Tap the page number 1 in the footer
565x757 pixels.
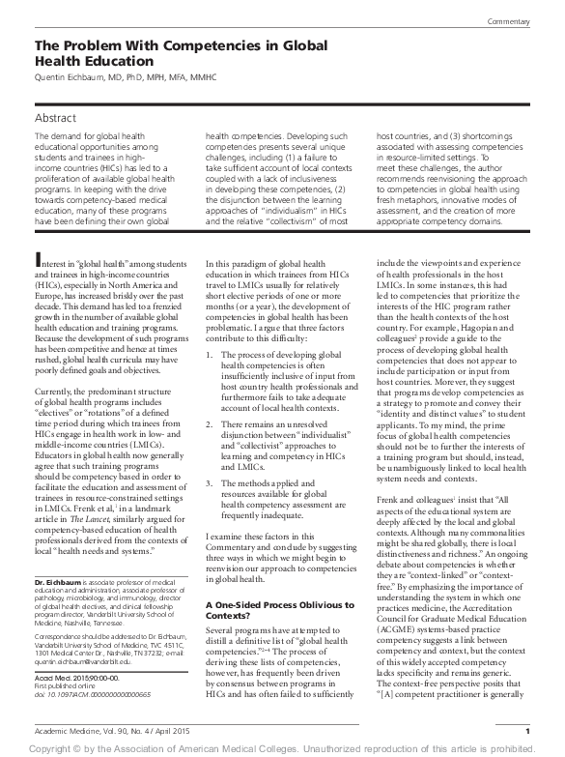pos(527,730)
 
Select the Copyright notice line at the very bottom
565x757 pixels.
pos(282,747)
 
